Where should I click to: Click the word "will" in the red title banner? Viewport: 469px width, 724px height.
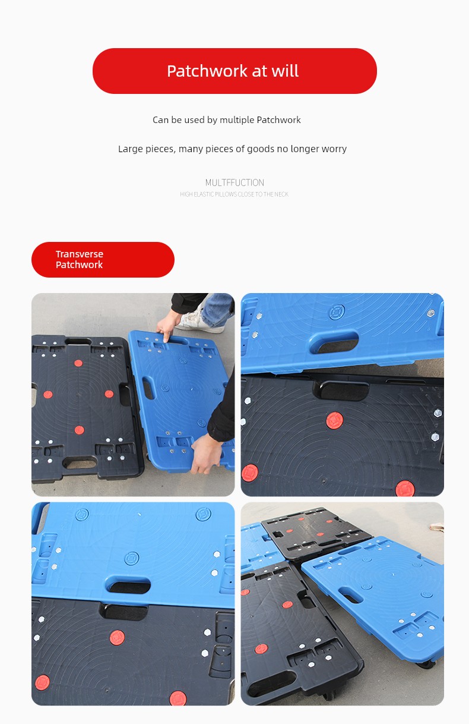click(285, 71)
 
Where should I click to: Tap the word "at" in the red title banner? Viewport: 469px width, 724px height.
click(259, 71)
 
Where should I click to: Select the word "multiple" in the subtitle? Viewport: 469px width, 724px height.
click(237, 120)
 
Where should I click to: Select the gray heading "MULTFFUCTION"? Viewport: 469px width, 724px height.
click(235, 182)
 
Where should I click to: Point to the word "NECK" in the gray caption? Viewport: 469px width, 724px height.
click(282, 194)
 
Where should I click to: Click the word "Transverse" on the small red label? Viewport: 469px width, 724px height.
click(80, 254)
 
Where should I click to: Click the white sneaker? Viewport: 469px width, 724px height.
click(200, 321)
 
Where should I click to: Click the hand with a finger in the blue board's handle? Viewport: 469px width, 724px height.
click(168, 327)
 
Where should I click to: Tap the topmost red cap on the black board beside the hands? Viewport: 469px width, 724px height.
click(78, 363)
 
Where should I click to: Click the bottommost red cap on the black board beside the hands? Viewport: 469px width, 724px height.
click(80, 430)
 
